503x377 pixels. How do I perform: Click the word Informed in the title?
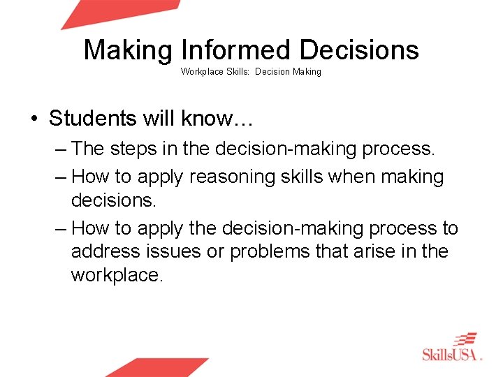[x=238, y=50]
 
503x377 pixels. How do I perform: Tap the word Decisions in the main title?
[x=359, y=50]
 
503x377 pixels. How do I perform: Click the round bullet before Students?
[x=35, y=118]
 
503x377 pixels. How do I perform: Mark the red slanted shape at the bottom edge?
[x=156, y=367]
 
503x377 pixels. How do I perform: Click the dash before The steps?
[x=60, y=149]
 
